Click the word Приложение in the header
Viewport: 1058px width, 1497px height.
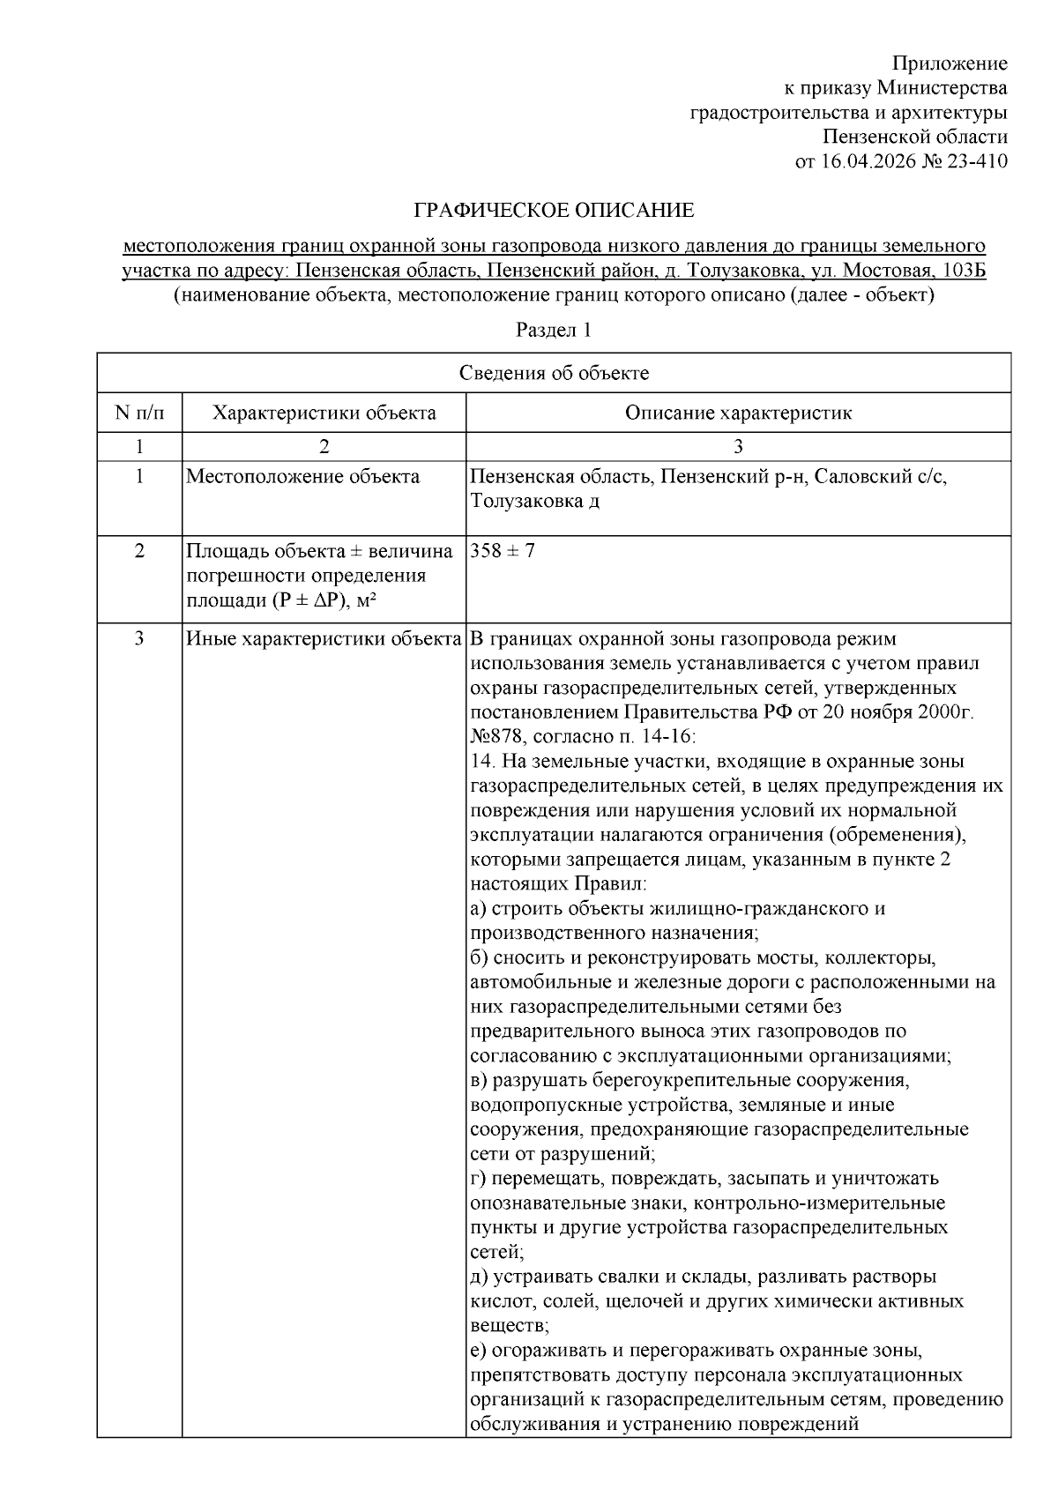(950, 63)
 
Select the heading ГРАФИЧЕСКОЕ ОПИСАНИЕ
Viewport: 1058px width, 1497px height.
(554, 211)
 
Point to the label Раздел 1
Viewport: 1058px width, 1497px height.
(553, 331)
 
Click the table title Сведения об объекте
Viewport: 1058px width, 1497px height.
(554, 373)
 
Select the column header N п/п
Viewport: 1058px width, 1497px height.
(139, 413)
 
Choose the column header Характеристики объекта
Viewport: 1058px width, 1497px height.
(324, 413)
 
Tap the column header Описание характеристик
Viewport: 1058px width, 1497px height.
(738, 413)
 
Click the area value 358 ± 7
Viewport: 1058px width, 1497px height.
(503, 551)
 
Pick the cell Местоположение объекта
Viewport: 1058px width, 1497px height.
(302, 477)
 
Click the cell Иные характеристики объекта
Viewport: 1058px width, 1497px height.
(324, 638)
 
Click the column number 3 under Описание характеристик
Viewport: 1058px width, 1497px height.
(738, 446)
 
